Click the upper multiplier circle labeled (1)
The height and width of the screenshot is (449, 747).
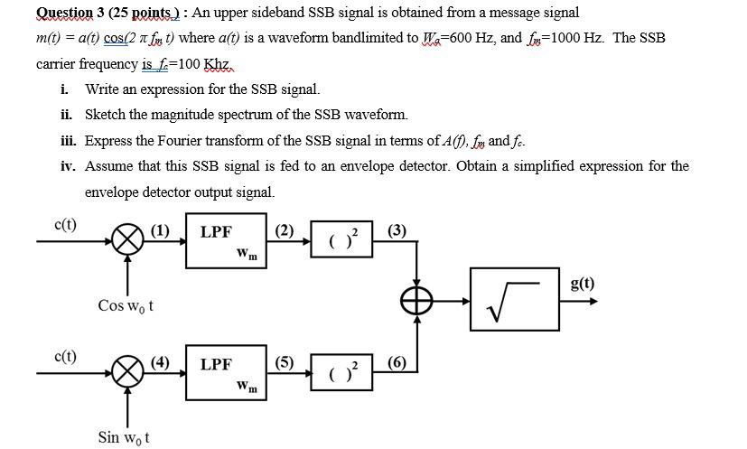127,241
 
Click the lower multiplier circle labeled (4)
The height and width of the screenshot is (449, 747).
127,372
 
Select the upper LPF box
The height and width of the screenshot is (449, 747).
226,241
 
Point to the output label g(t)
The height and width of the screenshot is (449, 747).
583,282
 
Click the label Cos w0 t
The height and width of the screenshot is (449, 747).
126,305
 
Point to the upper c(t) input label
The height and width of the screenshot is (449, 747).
65,225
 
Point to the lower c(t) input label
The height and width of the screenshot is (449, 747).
65,356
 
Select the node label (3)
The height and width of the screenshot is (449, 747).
397,229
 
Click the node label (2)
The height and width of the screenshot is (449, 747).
285,229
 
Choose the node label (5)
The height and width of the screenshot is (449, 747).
285,362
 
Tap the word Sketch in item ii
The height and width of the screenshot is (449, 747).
105,115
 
